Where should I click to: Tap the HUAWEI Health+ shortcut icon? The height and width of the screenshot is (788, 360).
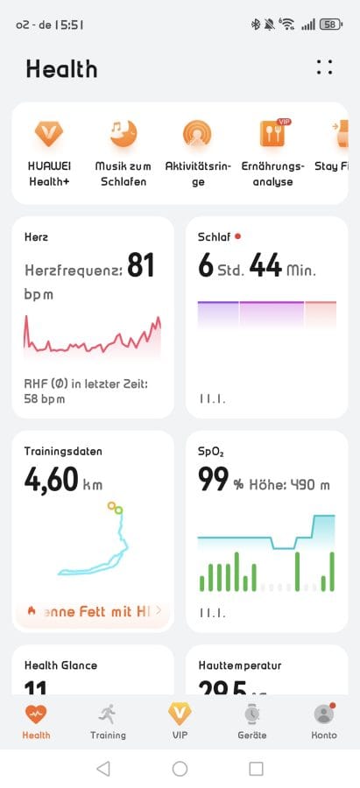pos(48,133)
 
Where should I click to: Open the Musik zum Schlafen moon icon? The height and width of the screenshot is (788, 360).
pos(123,133)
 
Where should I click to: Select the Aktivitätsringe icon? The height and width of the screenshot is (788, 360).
pos(197,133)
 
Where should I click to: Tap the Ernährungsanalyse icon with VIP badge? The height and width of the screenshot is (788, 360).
pos(272,133)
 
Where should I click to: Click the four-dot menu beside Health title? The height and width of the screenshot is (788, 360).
pos(325,67)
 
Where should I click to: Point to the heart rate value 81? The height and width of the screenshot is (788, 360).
pos(141,264)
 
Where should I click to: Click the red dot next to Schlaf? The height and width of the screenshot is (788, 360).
pos(237,236)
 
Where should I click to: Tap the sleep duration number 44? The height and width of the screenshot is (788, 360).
pos(265,265)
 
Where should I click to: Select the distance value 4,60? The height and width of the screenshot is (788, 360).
pos(52,480)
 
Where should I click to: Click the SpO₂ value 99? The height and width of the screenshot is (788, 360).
pos(214,480)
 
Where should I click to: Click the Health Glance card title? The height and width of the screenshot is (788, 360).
pos(60,665)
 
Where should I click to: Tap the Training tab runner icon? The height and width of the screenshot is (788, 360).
pos(108,713)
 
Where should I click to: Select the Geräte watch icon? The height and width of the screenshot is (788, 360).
pos(252,713)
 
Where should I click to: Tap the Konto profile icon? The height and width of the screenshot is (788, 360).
pos(324,713)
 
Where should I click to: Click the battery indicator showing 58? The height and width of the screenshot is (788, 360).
pos(331,25)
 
